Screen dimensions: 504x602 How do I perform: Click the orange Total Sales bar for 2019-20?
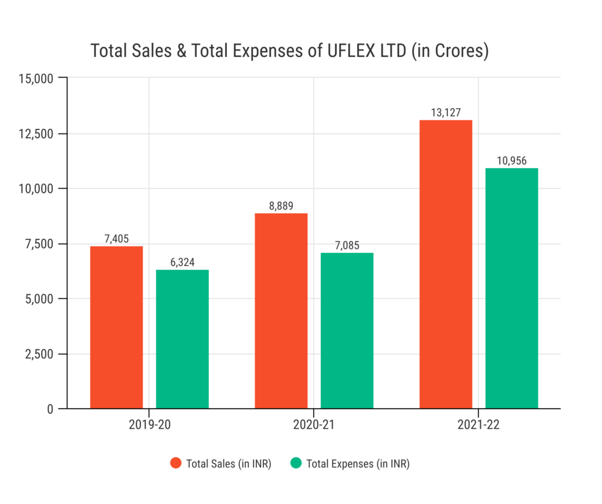(116, 327)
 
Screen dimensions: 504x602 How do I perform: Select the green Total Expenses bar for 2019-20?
(182, 339)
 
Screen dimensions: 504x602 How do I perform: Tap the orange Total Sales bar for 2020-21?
(281, 311)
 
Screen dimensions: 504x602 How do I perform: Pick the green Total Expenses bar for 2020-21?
(347, 331)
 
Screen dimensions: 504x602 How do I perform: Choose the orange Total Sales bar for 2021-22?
(446, 264)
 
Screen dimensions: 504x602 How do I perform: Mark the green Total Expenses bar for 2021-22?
(511, 288)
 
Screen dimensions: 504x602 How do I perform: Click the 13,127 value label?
(446, 112)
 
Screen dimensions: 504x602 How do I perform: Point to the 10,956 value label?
(511, 160)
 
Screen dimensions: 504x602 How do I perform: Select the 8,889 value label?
(281, 205)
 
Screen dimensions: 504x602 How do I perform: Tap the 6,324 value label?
(182, 262)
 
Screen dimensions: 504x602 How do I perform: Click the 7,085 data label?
(347, 245)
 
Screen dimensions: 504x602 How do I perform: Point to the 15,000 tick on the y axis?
(36, 78)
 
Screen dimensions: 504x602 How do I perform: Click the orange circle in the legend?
(176, 463)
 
